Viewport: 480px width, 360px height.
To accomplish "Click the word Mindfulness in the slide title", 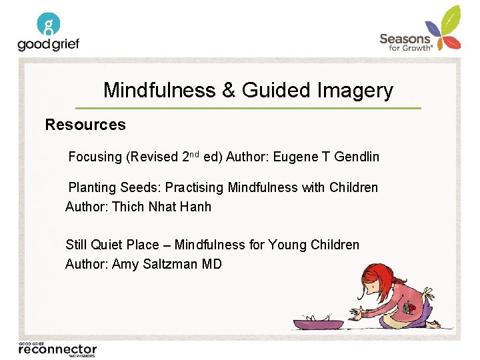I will click(159, 90).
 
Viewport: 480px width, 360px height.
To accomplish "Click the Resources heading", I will click(85, 125).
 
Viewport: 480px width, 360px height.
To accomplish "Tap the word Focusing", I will click(95, 157).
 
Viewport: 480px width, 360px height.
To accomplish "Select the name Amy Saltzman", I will click(155, 264).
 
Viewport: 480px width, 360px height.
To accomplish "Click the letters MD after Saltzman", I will click(212, 264).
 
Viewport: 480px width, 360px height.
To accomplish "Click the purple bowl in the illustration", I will click(319, 324).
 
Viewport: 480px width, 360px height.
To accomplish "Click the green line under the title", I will click(248, 108).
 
